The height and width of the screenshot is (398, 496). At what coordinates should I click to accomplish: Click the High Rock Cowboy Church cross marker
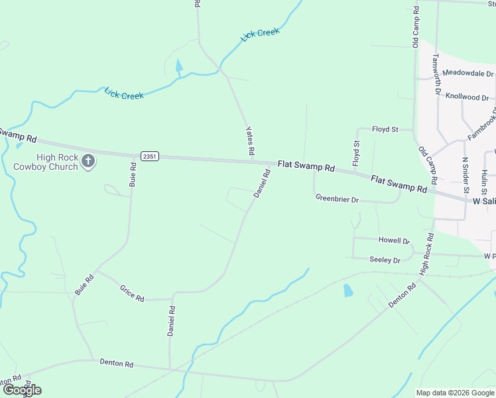88,160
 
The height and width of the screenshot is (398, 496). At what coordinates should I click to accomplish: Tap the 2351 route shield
149,156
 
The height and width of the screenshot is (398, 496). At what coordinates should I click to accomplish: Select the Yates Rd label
250,141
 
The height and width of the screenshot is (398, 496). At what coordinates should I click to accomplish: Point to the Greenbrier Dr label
337,198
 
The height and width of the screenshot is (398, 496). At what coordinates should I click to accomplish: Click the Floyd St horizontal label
385,129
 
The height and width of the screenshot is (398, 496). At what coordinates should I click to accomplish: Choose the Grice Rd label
132,293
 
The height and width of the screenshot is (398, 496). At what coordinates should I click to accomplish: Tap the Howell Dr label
394,240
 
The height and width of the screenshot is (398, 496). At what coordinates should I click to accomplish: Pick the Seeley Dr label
385,260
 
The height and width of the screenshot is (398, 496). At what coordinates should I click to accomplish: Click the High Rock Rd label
426,254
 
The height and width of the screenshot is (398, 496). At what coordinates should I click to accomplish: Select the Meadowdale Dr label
468,73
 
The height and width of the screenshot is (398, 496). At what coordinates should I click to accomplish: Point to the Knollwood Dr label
467,97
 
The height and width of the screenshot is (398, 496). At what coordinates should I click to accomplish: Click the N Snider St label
465,171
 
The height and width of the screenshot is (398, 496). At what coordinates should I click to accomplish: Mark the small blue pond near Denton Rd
348,290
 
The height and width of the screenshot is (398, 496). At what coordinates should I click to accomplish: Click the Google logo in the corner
22,390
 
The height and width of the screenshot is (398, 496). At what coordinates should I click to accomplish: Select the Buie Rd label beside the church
133,174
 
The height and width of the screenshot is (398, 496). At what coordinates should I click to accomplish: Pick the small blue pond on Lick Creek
178,65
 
